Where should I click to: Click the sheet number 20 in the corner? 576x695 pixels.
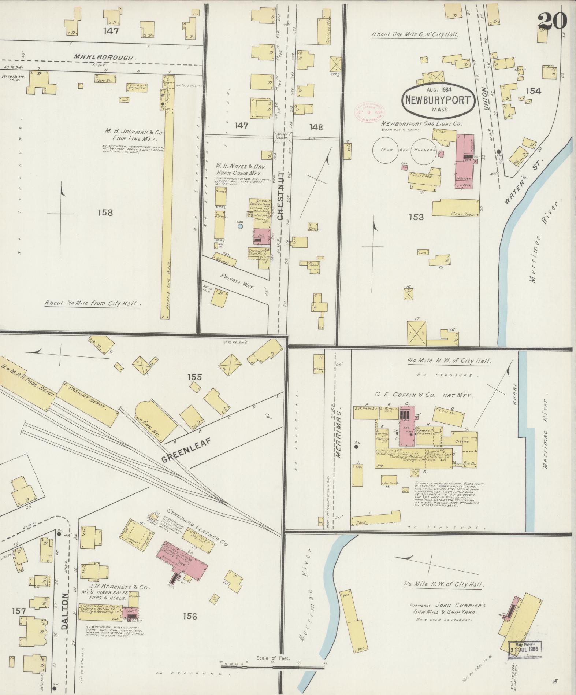tap(552, 21)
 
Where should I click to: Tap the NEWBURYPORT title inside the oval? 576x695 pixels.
tap(438, 100)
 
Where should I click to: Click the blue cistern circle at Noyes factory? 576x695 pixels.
tap(240, 226)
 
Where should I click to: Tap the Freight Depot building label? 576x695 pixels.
tap(87, 399)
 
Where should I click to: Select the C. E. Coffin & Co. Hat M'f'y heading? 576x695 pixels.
tap(423, 395)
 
